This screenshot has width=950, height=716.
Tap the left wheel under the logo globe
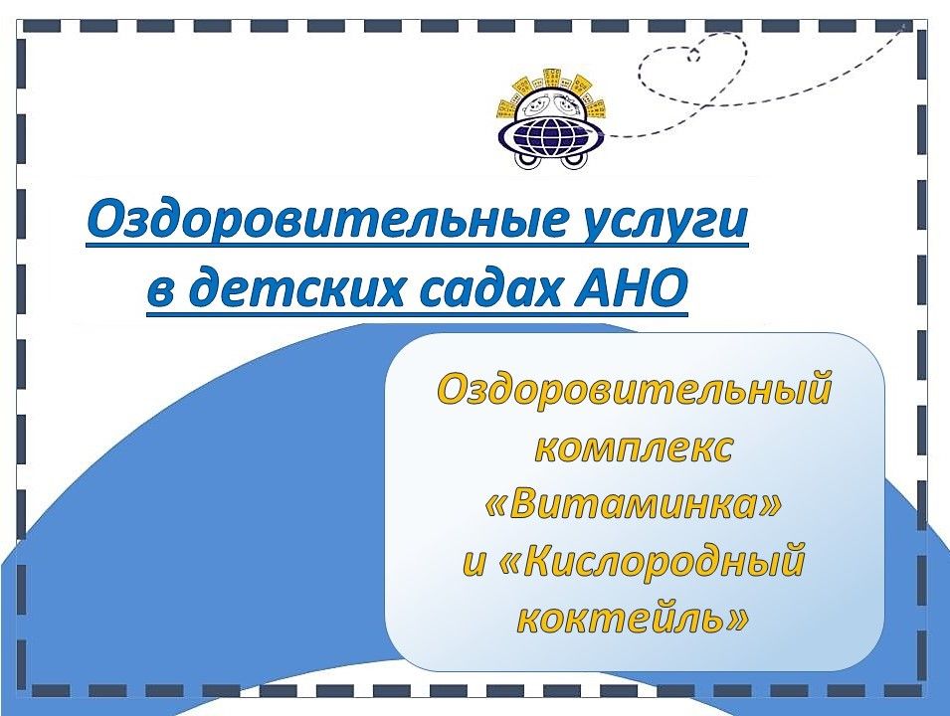527,160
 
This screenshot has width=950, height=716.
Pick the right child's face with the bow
568,104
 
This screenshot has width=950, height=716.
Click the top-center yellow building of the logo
552,79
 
